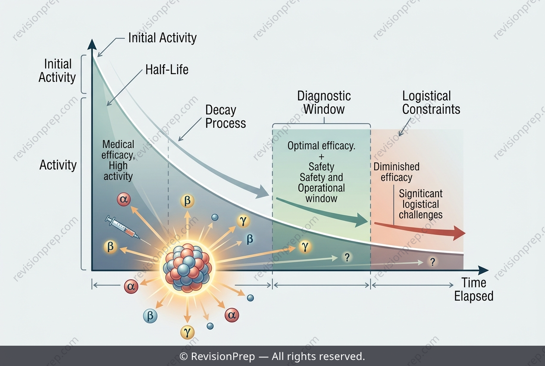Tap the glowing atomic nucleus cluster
(x=187, y=267)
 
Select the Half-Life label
(x=167, y=69)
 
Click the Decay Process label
(x=226, y=117)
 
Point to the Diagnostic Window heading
(x=324, y=103)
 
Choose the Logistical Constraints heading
(x=431, y=103)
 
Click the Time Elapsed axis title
(x=474, y=290)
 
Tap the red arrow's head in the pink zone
(x=459, y=233)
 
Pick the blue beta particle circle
(x=150, y=316)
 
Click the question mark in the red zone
(x=432, y=262)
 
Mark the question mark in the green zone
(x=347, y=257)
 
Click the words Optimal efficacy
(x=321, y=146)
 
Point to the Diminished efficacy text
(x=397, y=172)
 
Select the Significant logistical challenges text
(x=421, y=204)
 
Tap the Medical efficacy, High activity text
(x=118, y=160)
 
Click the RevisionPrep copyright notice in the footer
(x=272, y=356)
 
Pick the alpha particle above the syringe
(x=124, y=199)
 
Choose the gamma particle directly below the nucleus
(x=187, y=332)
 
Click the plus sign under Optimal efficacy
(x=321, y=157)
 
